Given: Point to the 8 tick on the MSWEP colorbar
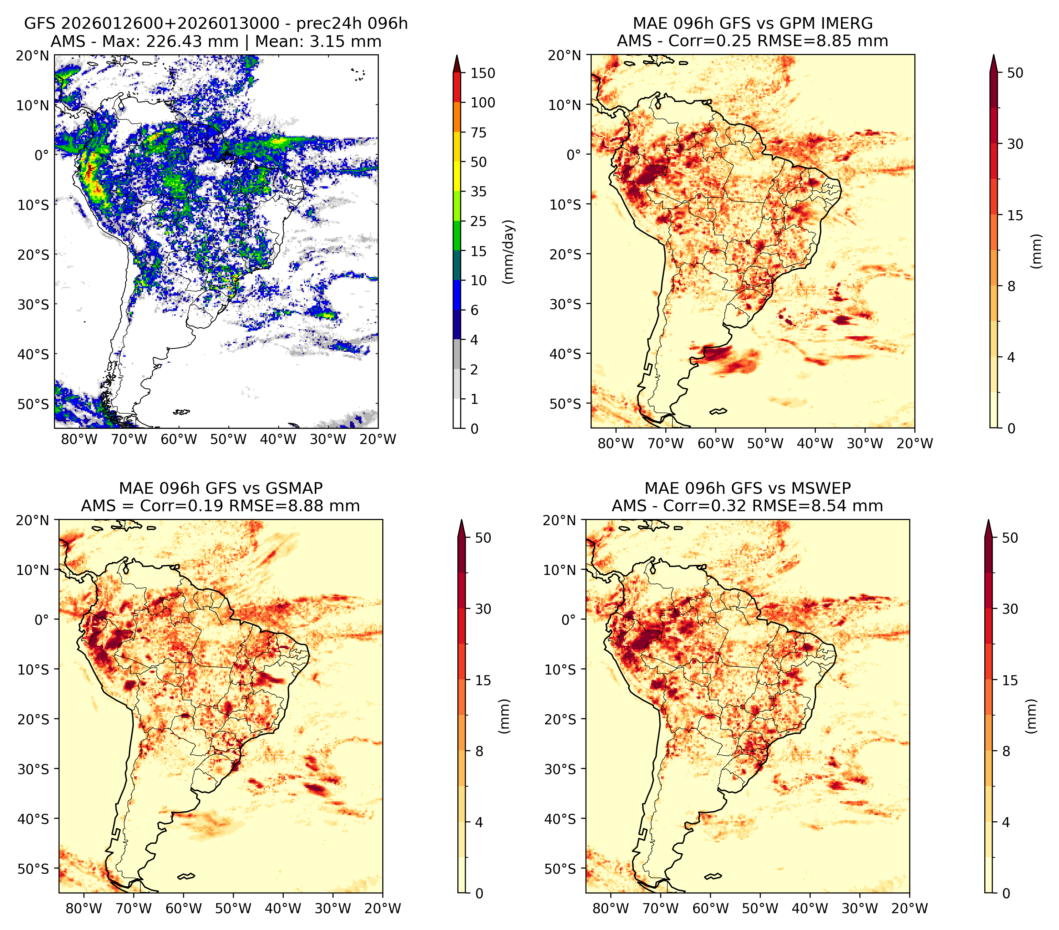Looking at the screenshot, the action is [x=1006, y=752].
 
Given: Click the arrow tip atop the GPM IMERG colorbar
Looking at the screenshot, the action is [x=993, y=55].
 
